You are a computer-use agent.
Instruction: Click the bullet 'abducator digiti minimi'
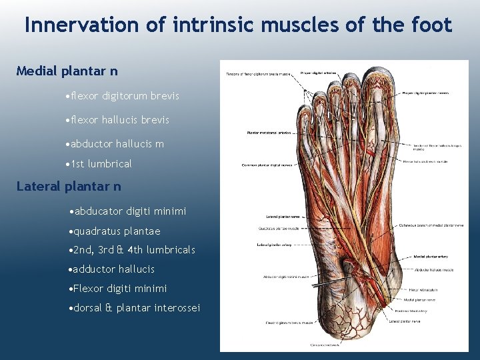click(127, 211)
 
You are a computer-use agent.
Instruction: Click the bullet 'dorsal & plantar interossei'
click(135, 307)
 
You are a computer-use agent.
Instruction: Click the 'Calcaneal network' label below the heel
click(325, 345)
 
